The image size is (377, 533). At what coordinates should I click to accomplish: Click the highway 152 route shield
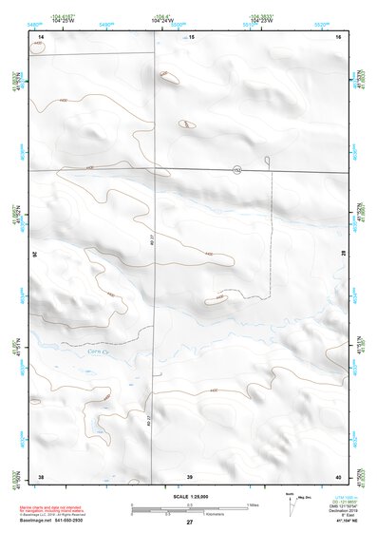click(236, 169)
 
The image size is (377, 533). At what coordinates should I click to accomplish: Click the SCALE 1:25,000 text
click(188, 496)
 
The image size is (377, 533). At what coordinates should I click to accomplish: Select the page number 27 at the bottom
click(189, 523)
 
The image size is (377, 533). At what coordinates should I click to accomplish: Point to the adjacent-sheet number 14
click(40, 36)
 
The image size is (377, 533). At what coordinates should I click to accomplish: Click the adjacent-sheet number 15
click(190, 36)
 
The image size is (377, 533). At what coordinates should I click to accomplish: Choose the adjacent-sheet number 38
click(40, 475)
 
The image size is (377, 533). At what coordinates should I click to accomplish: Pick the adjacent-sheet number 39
click(190, 475)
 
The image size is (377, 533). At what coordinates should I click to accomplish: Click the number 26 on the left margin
click(35, 255)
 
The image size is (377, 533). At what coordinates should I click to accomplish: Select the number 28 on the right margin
click(343, 255)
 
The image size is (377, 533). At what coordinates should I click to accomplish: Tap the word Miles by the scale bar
click(253, 504)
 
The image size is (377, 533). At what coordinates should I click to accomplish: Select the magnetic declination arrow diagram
click(290, 501)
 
